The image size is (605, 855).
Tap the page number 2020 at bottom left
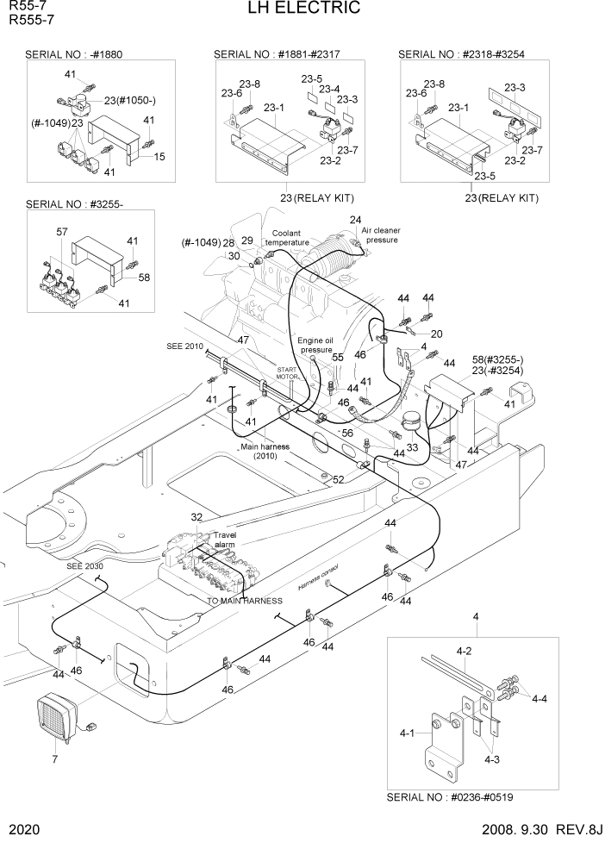coord(26,831)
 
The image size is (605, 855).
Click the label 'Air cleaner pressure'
coord(380,235)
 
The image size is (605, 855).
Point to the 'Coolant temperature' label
coord(287,238)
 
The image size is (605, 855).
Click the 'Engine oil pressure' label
coord(315,345)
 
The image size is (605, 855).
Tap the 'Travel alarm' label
coord(224,540)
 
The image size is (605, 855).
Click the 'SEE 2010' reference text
coord(185,346)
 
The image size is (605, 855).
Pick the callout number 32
coord(196,517)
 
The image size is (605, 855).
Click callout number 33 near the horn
coord(412,447)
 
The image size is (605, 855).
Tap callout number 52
coord(339,479)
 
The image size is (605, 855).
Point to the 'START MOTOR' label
coord(287,372)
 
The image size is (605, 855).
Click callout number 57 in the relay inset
coord(61,233)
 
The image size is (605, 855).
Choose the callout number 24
coord(355,221)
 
